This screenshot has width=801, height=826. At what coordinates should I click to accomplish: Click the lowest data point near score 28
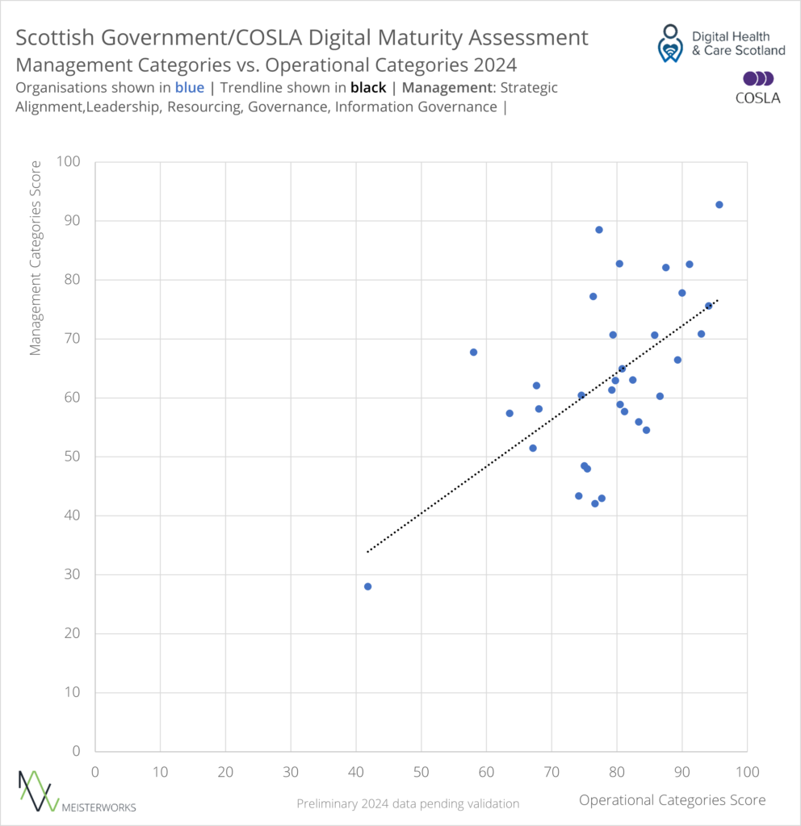367,586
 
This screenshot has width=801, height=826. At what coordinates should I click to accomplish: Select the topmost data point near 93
719,205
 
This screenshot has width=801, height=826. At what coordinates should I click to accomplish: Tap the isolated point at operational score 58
473,352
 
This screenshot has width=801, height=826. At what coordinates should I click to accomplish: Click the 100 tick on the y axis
70,162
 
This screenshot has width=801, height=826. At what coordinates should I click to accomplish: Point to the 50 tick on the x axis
421,772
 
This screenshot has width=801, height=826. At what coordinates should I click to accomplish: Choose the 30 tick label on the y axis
73,574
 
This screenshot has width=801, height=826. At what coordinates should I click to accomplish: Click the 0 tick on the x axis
95,772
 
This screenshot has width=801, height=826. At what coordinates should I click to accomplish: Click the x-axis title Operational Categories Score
672,799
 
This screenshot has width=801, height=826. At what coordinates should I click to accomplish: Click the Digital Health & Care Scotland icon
669,43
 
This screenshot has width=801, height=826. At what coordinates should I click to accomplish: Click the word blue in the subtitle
189,87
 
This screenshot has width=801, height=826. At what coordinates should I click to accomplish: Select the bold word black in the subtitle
367,87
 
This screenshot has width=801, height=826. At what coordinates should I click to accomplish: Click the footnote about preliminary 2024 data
408,803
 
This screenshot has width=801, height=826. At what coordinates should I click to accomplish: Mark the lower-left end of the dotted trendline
367,552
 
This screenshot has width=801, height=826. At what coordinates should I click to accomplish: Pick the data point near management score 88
599,230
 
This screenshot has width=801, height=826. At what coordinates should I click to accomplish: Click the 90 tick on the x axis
682,772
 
